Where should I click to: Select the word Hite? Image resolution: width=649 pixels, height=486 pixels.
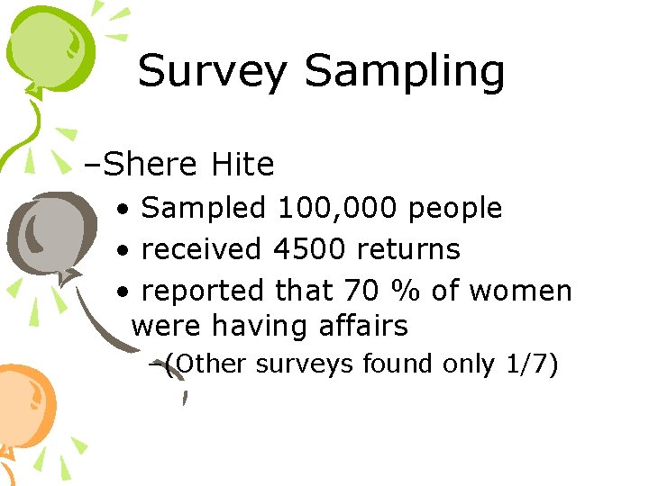point(242,165)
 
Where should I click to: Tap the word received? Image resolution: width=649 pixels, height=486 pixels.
point(202,249)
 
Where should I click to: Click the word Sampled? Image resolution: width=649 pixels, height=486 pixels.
point(204,209)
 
